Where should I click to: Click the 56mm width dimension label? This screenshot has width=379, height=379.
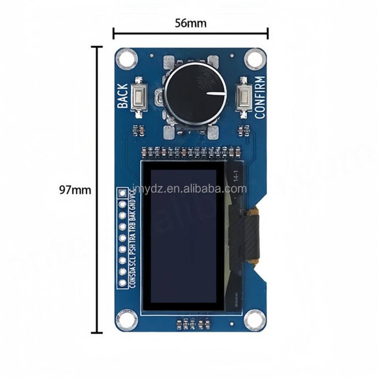coord(190,23)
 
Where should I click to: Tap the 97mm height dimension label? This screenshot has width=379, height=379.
coord(75,190)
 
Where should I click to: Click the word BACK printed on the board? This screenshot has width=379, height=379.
coord(123,96)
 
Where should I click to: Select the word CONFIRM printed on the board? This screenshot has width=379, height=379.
coord(260,97)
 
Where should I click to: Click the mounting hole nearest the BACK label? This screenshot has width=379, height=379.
coord(126,59)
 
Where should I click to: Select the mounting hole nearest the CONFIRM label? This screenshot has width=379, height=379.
coord(254,60)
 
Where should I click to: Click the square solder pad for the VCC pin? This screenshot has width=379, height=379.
coord(122,193)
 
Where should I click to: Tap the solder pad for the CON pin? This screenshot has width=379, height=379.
coord(122,282)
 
